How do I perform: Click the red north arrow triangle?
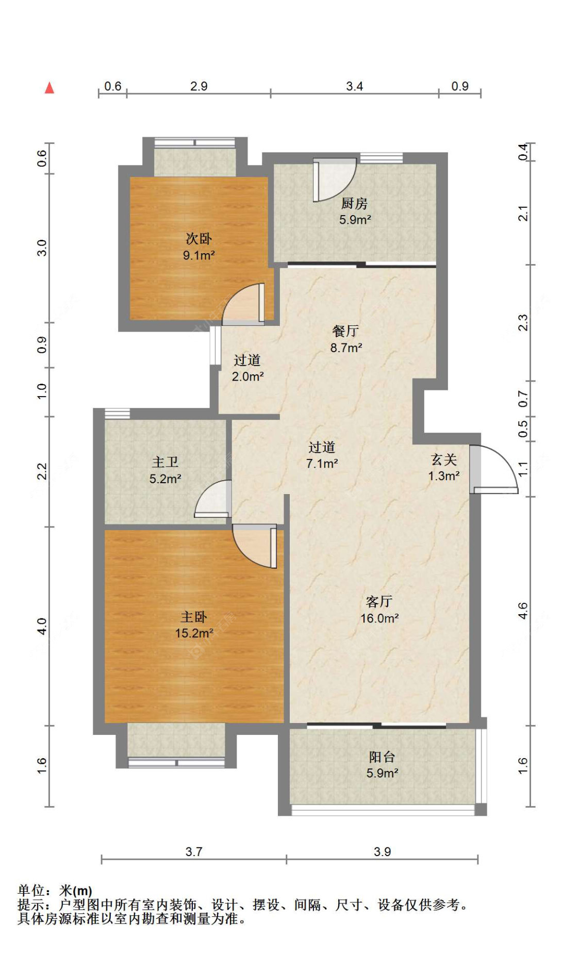click(x=49, y=88)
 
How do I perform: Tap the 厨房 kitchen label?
click(x=355, y=204)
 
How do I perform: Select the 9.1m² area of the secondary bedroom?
click(x=199, y=255)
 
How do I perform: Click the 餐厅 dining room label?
click(x=345, y=331)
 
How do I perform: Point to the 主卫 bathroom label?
click(x=165, y=462)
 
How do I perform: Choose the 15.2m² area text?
click(x=194, y=633)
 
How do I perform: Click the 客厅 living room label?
click(x=379, y=601)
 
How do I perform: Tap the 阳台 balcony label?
click(x=382, y=757)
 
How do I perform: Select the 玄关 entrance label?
click(x=444, y=459)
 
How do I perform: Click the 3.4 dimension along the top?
click(x=355, y=86)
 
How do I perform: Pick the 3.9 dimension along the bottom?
click(x=383, y=851)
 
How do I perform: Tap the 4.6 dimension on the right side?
click(x=523, y=611)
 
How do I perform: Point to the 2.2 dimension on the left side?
click(x=42, y=471)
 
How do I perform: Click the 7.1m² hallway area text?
click(x=322, y=463)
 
